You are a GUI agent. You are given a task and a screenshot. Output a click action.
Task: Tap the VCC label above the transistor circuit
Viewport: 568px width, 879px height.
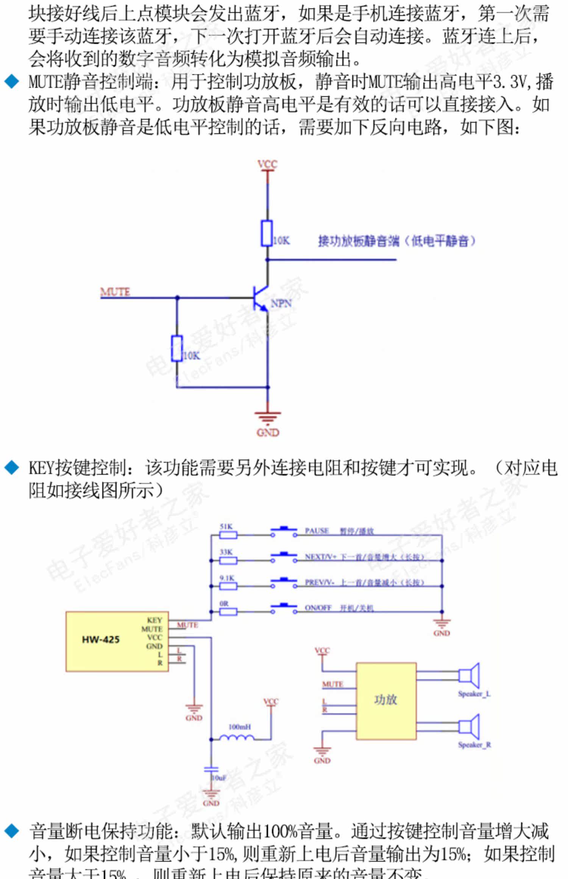[267, 164]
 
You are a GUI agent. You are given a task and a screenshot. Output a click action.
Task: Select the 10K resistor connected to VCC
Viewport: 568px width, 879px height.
[267, 233]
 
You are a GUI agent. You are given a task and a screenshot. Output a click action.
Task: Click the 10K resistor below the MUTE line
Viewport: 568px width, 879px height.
[177, 348]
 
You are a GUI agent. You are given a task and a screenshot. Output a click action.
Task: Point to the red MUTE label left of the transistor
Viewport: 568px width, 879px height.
[115, 292]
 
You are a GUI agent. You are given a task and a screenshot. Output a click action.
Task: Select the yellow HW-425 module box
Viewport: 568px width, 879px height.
[117, 641]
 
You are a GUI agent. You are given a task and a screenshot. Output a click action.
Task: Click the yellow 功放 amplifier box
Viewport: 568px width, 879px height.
[386, 701]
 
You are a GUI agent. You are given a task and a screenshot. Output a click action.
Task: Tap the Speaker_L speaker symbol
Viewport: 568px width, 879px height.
[470, 675]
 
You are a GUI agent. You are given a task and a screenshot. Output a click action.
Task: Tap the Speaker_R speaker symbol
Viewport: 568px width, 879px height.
[470, 726]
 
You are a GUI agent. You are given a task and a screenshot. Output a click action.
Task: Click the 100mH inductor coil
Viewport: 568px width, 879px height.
[237, 737]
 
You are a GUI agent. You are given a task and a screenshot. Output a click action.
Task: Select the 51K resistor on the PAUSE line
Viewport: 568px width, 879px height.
[228, 535]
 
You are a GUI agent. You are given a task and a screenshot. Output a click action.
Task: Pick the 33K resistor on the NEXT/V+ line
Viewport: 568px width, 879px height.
[228, 560]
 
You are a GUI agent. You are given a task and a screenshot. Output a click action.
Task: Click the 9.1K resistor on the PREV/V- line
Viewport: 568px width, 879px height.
[228, 586]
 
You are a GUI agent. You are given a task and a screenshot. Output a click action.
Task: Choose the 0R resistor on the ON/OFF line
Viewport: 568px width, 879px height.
[228, 611]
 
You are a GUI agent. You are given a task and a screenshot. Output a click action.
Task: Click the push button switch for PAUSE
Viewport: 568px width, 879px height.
[284, 532]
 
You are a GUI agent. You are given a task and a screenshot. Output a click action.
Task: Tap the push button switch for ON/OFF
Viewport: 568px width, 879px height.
[284, 608]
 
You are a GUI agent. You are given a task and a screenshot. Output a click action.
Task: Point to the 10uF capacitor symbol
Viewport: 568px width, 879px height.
[211, 770]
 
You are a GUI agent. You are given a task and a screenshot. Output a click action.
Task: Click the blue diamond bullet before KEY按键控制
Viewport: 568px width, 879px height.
[12, 468]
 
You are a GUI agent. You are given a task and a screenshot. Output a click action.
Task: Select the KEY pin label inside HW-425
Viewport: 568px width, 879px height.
[154, 620]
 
